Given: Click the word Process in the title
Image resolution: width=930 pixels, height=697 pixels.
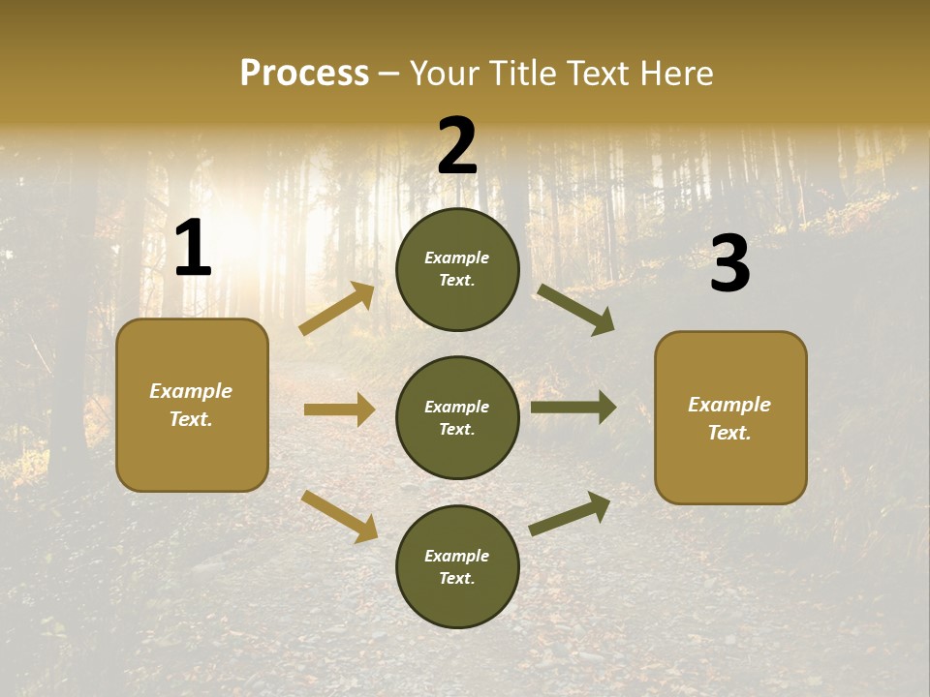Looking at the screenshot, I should (x=304, y=74).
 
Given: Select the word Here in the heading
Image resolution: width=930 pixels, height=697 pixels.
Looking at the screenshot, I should (x=672, y=74).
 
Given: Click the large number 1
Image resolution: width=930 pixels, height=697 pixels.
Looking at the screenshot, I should (x=193, y=249).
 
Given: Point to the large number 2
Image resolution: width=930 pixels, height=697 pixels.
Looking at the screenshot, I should (x=457, y=146).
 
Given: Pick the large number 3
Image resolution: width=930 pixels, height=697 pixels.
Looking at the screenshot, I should (x=729, y=264).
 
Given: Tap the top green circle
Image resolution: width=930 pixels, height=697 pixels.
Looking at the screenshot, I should (x=457, y=269).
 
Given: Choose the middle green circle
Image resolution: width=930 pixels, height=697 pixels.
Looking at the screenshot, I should (x=457, y=417).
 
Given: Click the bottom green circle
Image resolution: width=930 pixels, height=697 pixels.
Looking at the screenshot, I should (x=457, y=566).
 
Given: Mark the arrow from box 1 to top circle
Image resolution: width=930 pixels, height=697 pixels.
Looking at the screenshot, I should (x=336, y=310).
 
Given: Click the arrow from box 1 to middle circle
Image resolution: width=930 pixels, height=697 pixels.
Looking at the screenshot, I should (x=339, y=409).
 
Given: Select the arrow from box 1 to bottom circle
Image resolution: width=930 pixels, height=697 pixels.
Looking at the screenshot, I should (x=339, y=516).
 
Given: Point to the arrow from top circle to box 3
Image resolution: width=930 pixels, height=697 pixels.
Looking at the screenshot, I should (x=575, y=310).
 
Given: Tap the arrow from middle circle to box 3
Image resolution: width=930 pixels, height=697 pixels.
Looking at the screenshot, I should (x=573, y=408).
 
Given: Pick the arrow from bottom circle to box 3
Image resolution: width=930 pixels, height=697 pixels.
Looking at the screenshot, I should (x=570, y=514).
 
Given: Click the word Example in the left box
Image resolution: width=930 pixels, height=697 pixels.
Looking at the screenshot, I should (x=191, y=391).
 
